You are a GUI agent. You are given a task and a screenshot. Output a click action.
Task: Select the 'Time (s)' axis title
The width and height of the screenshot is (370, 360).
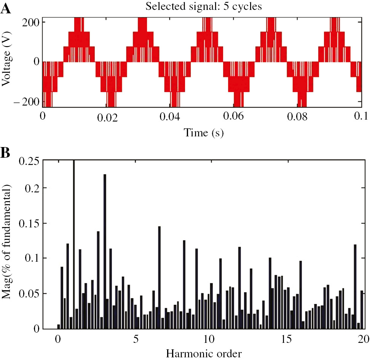pyautogui.click(x=203, y=133)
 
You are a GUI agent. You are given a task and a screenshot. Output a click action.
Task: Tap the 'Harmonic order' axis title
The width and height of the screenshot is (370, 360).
pyautogui.click(x=204, y=354)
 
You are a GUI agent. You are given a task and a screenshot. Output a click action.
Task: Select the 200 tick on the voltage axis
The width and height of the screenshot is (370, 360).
pyautogui.click(x=29, y=22)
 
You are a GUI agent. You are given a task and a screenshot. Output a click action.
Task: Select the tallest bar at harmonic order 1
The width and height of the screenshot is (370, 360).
pyautogui.click(x=73, y=244)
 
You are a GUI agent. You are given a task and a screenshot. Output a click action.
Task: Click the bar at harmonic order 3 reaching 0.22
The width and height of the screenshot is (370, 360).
pyautogui.click(x=105, y=251)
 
